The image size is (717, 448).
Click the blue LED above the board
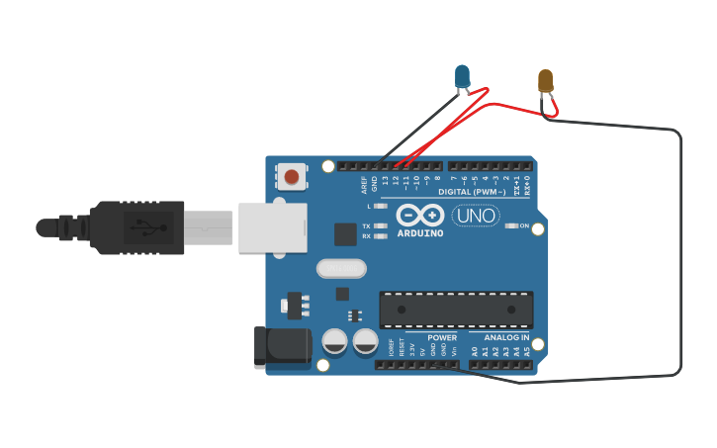[x=462, y=75]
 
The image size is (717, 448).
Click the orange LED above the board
[x=546, y=80]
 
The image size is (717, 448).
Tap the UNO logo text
[x=476, y=215]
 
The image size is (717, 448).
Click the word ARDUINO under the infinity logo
[x=420, y=234]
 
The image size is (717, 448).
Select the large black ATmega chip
[x=456, y=310]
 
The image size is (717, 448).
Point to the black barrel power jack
[x=282, y=347]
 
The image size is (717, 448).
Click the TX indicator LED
[x=381, y=226]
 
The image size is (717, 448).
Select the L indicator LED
[x=381, y=207]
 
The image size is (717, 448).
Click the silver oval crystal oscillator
[x=341, y=268]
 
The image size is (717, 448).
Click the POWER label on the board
[x=442, y=337]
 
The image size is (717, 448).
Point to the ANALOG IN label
[x=506, y=337]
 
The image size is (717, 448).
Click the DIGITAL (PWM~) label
[x=473, y=191]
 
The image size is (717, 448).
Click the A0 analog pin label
[x=475, y=350]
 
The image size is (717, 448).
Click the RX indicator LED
[x=381, y=236]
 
